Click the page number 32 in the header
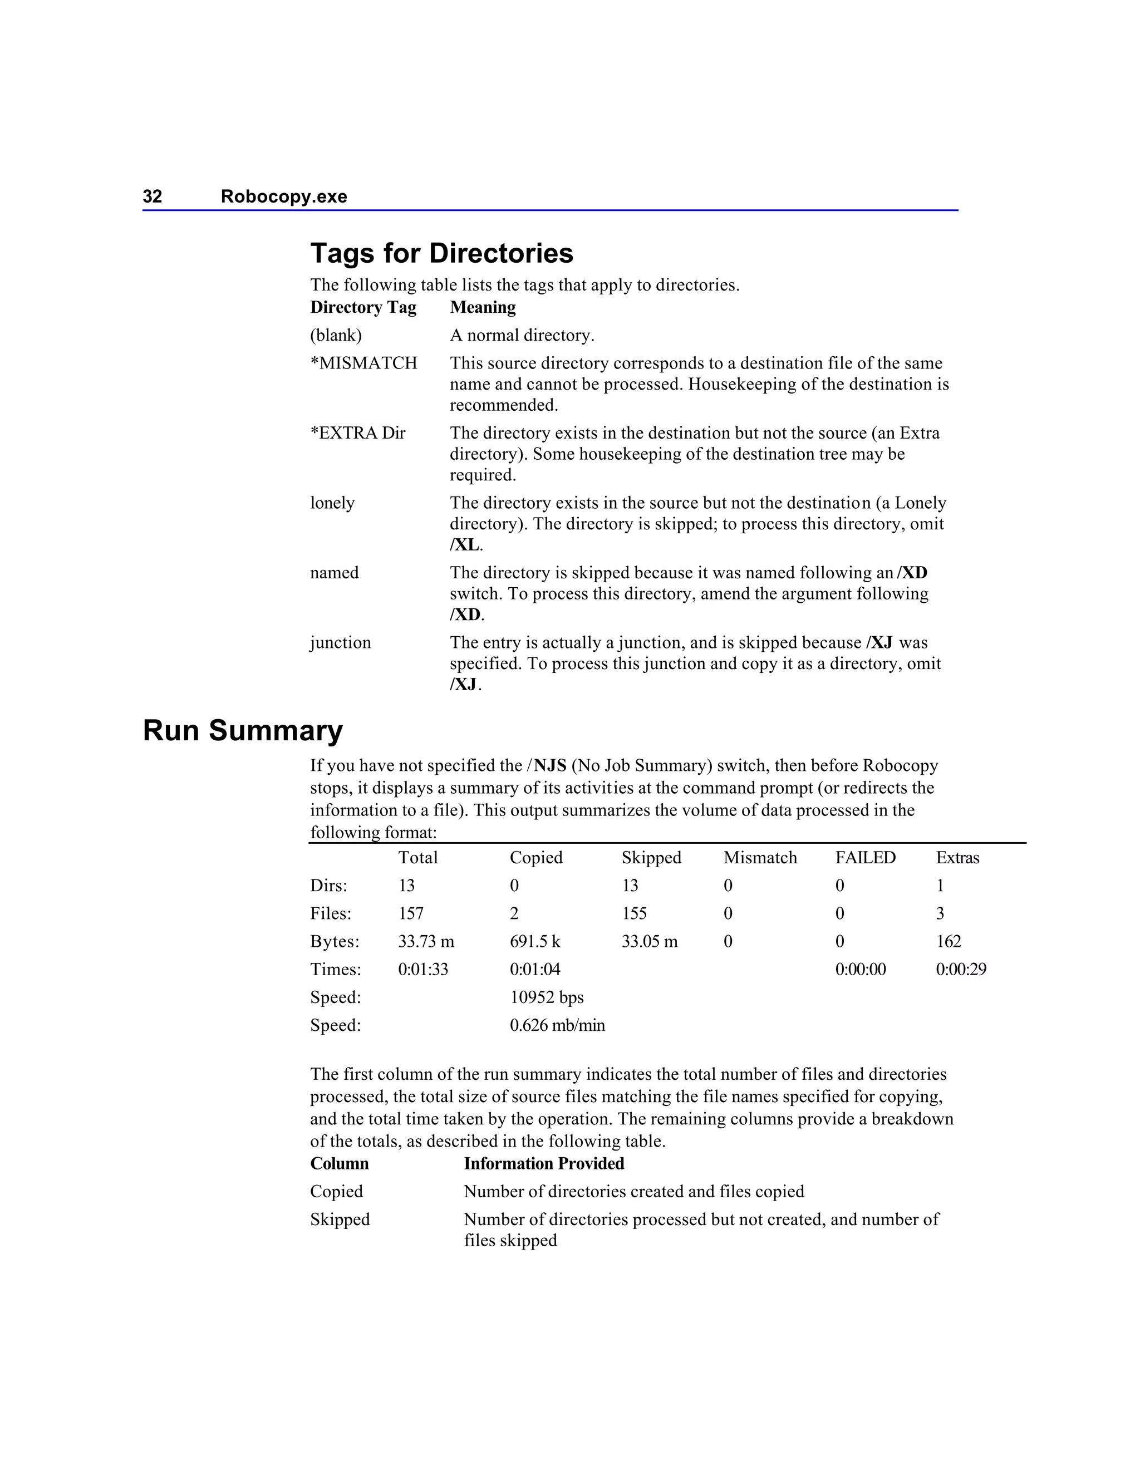[x=152, y=196]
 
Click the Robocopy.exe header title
[x=284, y=196]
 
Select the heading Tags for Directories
[x=441, y=253]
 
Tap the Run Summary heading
[x=243, y=731]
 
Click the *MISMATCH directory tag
[x=363, y=363]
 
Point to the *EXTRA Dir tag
[x=357, y=433]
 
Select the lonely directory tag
[x=332, y=503]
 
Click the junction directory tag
[x=340, y=642]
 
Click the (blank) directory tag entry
[x=336, y=336]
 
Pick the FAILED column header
[x=865, y=858]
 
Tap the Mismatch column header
[x=760, y=858]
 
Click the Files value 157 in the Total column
[x=411, y=914]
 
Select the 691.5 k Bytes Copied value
[x=535, y=941]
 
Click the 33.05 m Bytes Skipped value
[x=649, y=941]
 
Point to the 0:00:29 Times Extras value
[x=960, y=970]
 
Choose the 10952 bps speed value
[x=547, y=997]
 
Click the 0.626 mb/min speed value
[x=557, y=1025]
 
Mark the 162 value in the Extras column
[x=948, y=941]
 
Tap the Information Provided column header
[x=544, y=1164]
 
